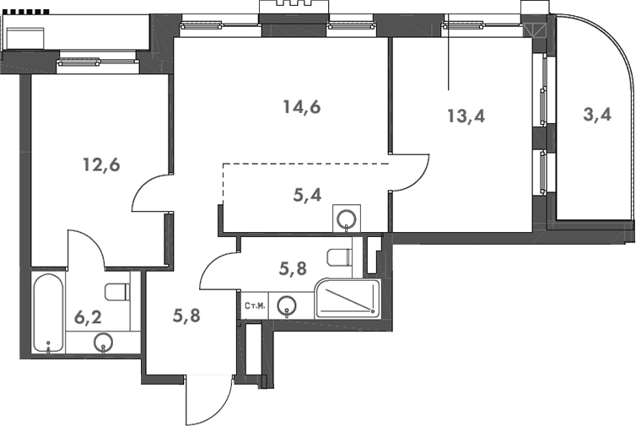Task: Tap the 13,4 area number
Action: [466, 116]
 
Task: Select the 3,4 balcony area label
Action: [597, 116]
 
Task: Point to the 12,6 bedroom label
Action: [100, 164]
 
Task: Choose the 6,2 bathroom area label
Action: [89, 317]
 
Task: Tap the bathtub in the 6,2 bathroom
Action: [48, 312]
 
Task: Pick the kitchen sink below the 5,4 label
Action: [347, 218]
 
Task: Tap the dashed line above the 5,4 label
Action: [304, 164]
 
